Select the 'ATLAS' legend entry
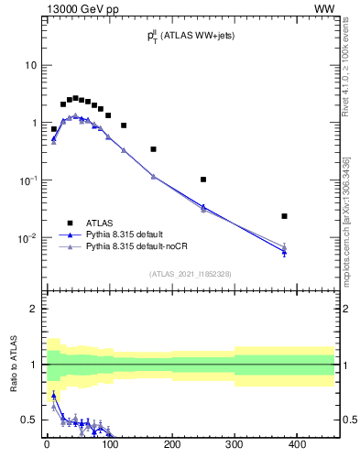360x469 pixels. [100, 222]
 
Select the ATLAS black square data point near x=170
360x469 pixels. [153, 149]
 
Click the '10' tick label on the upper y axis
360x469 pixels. [30, 66]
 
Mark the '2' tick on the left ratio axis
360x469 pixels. [33, 310]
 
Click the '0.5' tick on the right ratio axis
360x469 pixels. [349, 420]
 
